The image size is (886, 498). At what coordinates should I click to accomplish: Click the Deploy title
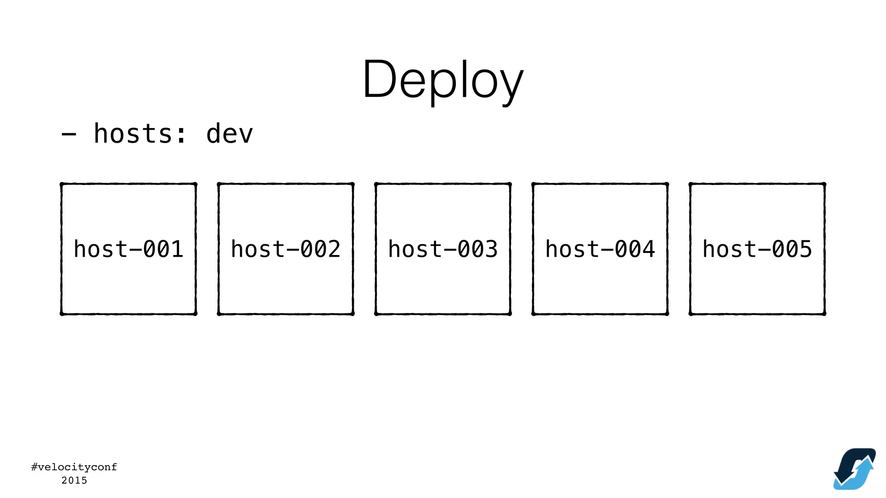443,80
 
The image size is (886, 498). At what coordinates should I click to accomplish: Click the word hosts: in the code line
140,134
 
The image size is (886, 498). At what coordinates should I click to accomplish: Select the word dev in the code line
229,134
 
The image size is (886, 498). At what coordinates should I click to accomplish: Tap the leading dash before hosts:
69,134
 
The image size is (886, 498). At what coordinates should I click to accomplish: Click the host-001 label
128,249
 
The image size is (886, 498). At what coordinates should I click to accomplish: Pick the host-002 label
286,249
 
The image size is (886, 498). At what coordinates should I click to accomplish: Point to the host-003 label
443,249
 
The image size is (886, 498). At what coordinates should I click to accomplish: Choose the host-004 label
600,249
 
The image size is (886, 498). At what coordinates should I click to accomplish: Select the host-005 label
757,249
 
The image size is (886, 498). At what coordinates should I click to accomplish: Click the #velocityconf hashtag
74,467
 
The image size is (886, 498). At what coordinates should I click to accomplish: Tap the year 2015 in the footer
74,480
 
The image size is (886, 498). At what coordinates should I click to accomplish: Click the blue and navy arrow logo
854,469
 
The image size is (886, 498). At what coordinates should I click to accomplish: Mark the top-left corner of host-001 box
62,185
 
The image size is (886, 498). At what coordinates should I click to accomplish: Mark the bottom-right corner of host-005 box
824,313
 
